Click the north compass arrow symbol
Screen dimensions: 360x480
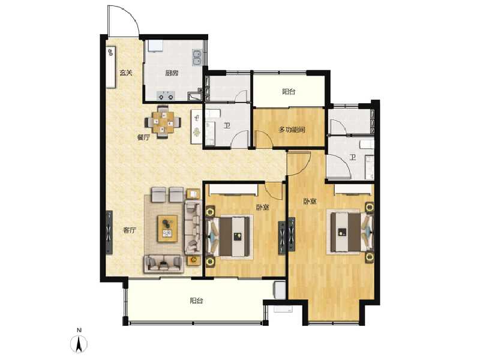(78, 344)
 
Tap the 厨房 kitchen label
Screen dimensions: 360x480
(172, 74)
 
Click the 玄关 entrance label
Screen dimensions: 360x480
(125, 73)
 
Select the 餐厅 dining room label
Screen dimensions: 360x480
(143, 137)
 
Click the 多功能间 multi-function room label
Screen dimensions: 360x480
(292, 130)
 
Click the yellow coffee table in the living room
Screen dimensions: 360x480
(167, 228)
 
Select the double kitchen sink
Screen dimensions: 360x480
(196, 58)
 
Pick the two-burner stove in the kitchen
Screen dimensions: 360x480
(166, 95)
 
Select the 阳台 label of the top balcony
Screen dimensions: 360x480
(289, 92)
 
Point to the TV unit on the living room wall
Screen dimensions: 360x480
(109, 232)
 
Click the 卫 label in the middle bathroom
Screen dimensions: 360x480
(227, 126)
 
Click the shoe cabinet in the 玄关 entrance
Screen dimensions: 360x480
(112, 60)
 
